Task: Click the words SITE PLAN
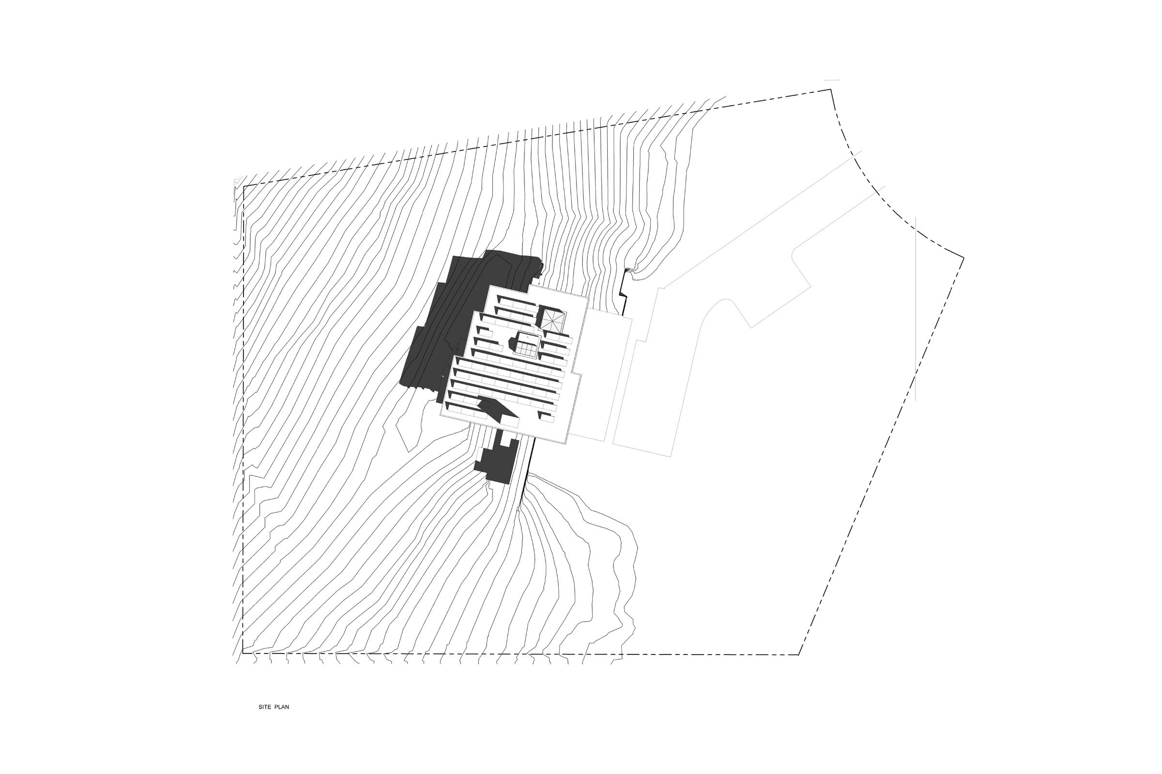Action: (274, 707)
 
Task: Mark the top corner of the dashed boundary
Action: (830, 89)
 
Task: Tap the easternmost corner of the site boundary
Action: (963, 258)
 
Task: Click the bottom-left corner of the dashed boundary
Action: (243, 654)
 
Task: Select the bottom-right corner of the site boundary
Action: (799, 655)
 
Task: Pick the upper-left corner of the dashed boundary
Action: (243, 186)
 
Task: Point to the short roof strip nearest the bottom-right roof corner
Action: (547, 417)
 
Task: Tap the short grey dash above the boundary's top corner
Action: (831, 79)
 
